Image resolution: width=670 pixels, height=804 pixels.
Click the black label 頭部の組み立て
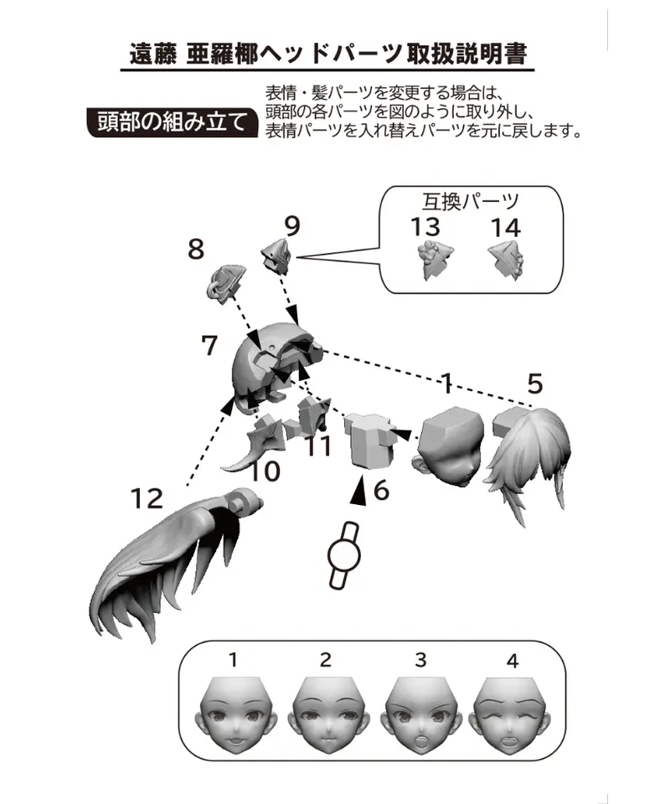point(172,122)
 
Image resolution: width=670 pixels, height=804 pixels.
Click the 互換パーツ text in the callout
point(471,202)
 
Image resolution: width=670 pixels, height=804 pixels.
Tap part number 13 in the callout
point(425,227)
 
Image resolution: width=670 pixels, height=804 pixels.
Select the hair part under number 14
point(507,260)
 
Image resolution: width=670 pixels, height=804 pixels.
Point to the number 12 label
point(147,498)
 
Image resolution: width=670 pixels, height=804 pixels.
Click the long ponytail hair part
point(174,559)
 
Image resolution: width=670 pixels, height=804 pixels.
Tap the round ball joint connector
point(344,555)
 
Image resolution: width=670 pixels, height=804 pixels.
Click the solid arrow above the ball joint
point(358,490)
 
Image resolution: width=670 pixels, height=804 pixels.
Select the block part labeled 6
point(370,440)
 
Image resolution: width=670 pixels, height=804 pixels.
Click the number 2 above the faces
point(326,660)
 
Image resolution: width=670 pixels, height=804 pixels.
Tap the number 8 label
point(196,250)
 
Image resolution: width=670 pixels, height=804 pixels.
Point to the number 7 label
point(209,345)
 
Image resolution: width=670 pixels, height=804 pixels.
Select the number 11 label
point(318,446)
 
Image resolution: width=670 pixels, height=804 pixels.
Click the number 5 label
point(534,384)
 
